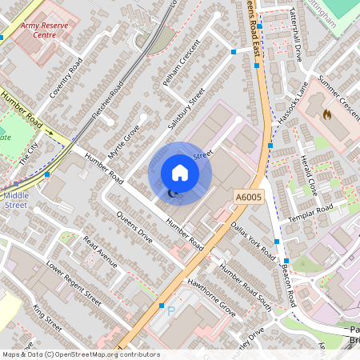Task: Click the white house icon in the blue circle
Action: point(180,173)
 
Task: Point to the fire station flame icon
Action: point(326,114)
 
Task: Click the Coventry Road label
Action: point(66,79)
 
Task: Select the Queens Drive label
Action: point(134,227)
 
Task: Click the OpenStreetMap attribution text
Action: point(81,354)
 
